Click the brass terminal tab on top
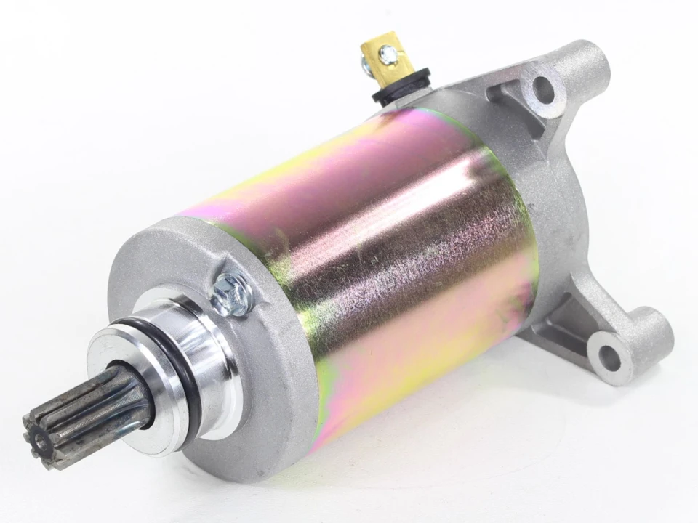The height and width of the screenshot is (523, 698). click(387, 57)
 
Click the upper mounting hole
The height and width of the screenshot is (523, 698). click(543, 89)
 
